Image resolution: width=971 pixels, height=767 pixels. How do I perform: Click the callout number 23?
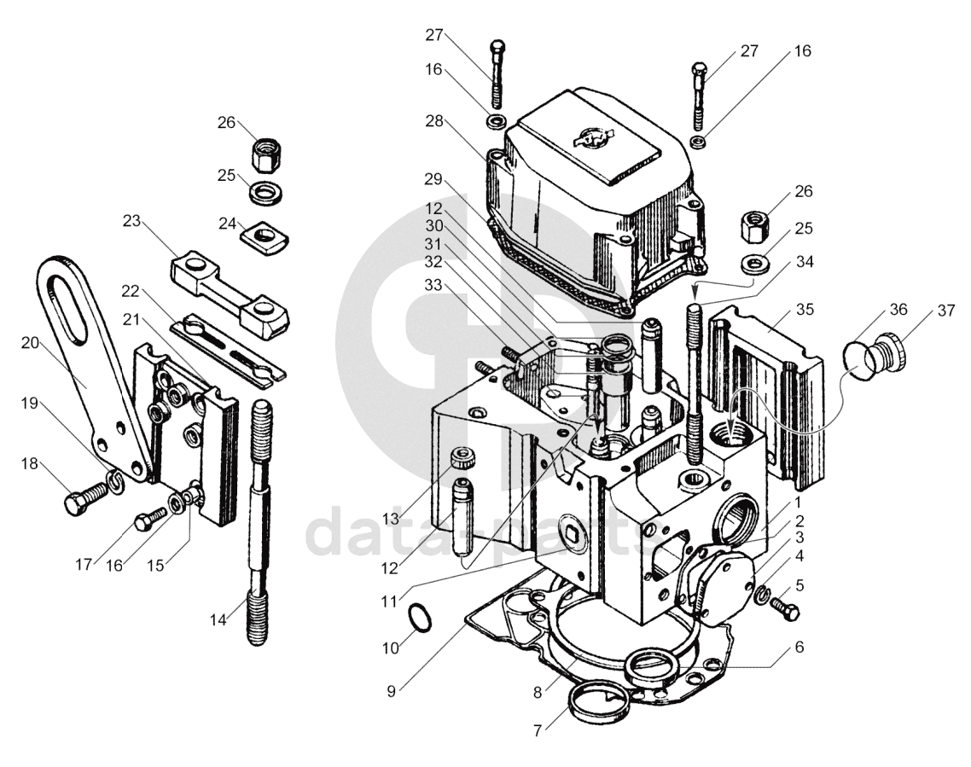point(132,220)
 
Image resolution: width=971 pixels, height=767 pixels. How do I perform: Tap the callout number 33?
point(434,285)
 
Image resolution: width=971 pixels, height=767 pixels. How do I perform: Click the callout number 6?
point(799,647)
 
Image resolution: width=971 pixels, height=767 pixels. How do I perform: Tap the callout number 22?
point(130,291)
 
